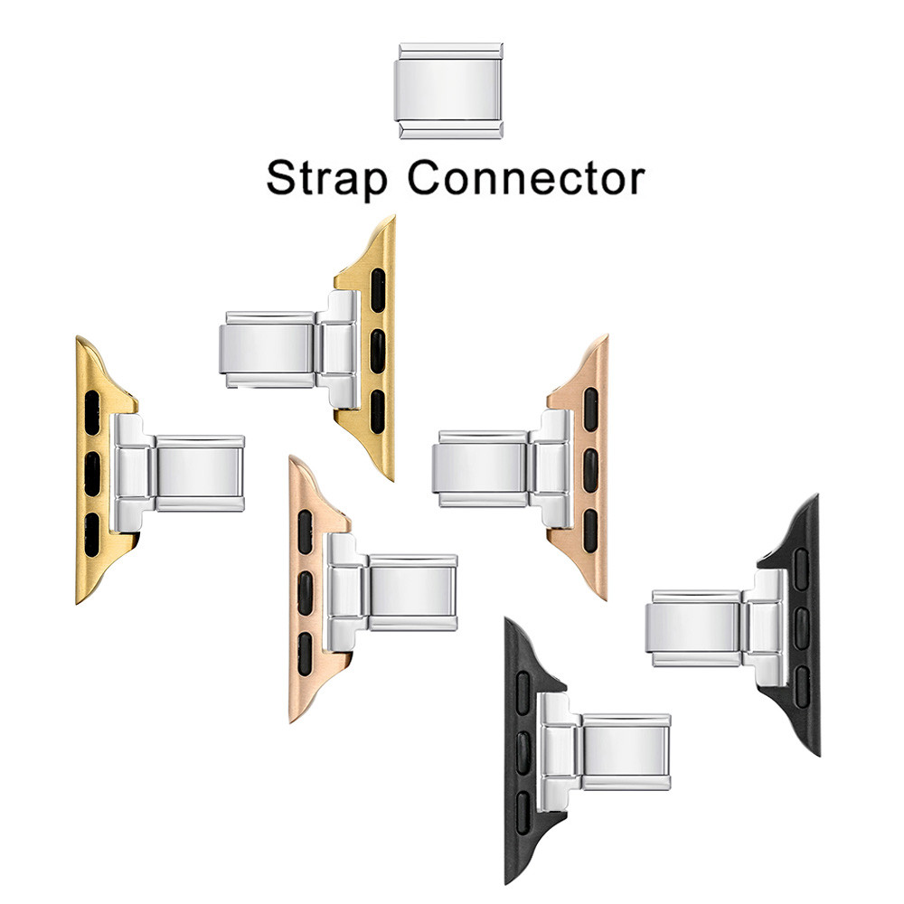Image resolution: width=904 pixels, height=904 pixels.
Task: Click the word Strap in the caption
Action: (x=326, y=179)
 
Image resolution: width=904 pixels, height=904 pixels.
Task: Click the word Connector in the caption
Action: (x=526, y=178)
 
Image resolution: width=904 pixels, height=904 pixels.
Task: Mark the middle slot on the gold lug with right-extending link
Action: (x=92, y=474)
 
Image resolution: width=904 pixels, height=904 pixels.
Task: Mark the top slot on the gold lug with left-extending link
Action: (x=378, y=290)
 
